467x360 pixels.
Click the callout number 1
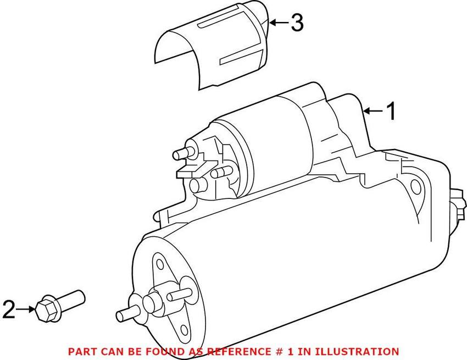click(391, 112)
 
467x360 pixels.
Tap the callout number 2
click(9, 310)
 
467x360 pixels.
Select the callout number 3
click(297, 23)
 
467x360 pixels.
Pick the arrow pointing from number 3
click(279, 23)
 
